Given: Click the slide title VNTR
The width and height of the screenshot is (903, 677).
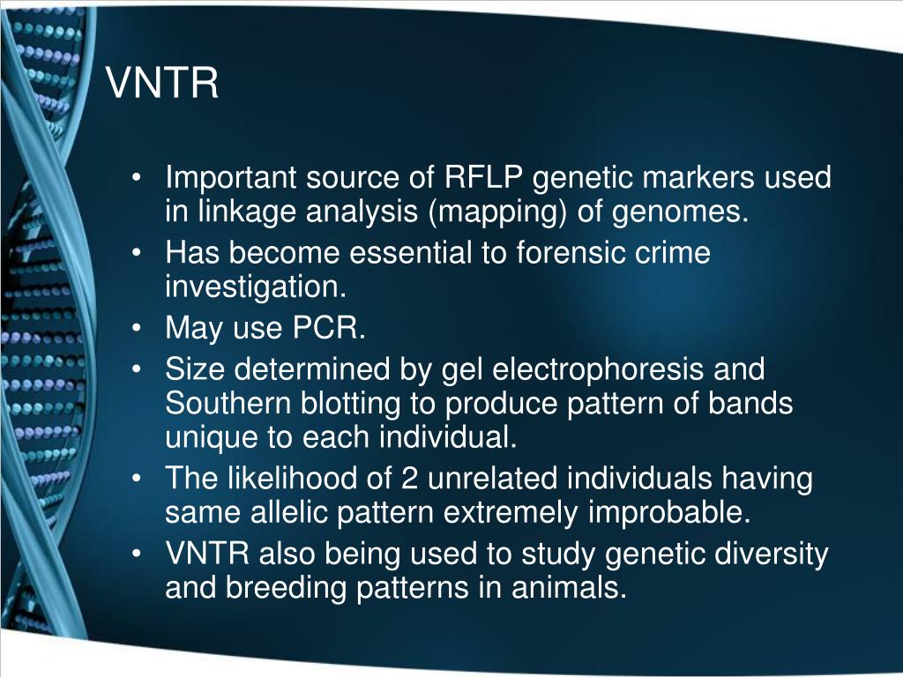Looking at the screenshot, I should click(x=163, y=85).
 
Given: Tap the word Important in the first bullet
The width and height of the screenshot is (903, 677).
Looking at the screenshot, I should click(x=231, y=178).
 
